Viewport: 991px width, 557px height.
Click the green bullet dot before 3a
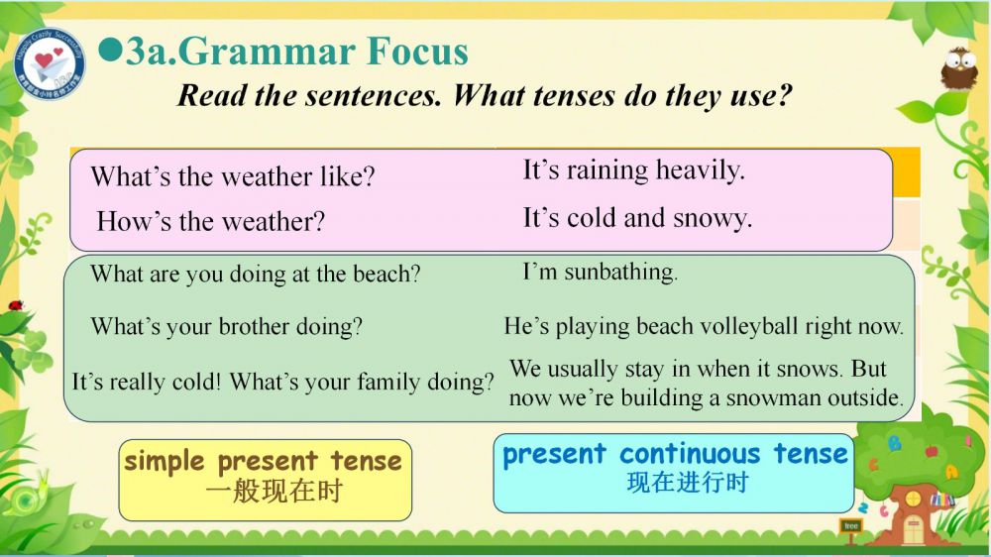click(x=111, y=51)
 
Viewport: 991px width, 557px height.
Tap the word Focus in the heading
click(x=417, y=52)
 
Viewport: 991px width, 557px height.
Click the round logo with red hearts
click(x=50, y=63)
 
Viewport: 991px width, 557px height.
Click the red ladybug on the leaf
click(x=15, y=305)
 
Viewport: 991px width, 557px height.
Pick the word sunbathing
click(x=620, y=273)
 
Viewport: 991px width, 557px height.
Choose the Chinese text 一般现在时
click(x=275, y=492)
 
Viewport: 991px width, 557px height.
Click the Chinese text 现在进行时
click(x=688, y=483)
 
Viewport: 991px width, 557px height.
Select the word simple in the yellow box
click(x=165, y=462)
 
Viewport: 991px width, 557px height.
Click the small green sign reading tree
click(x=851, y=526)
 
